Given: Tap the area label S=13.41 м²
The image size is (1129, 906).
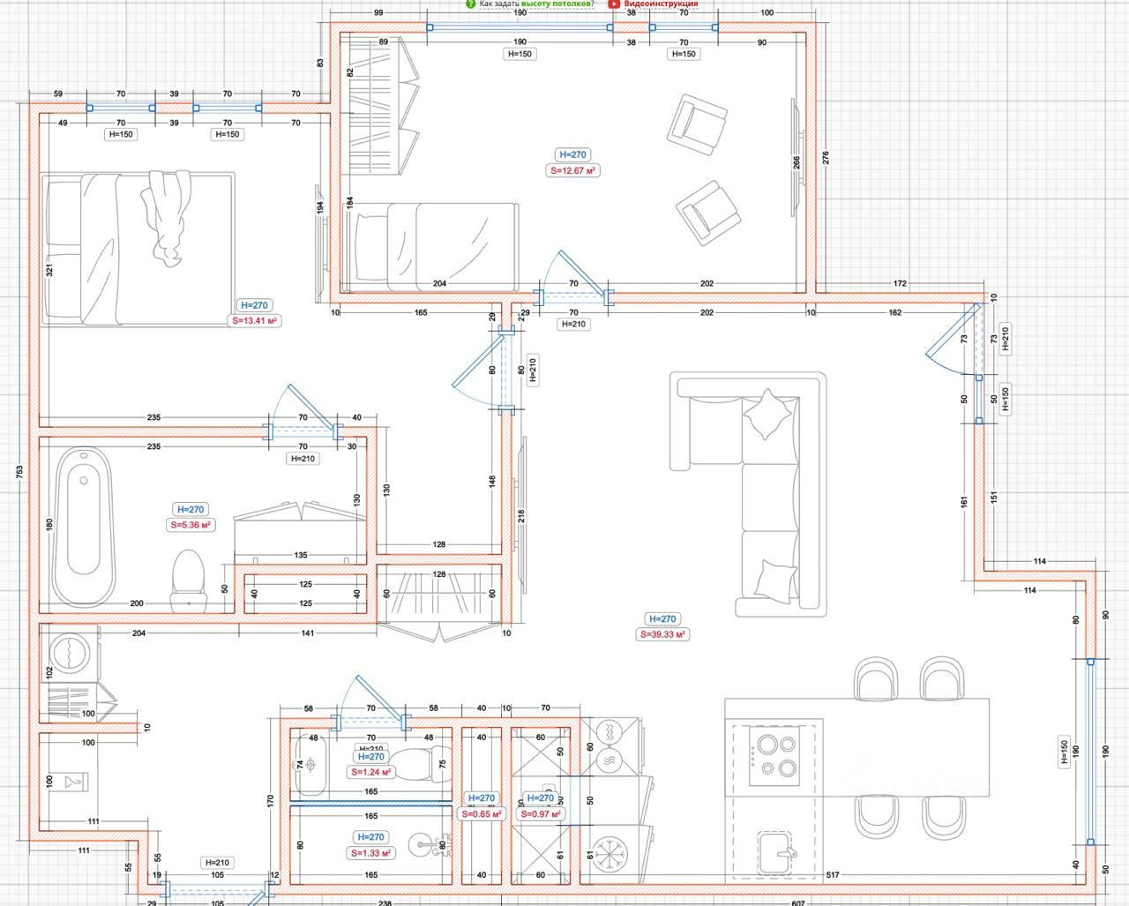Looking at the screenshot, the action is [x=255, y=321].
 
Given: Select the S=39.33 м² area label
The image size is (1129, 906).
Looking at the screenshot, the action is [x=662, y=634].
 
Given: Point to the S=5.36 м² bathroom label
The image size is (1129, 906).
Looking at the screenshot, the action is [x=191, y=525].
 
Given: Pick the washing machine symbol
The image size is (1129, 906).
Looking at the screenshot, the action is [x=69, y=654].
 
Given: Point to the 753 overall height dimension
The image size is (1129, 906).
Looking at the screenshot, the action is [x=19, y=472].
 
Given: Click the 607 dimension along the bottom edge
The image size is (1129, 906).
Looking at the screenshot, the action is [x=799, y=901].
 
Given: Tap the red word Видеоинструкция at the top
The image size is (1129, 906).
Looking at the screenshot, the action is [x=660, y=4].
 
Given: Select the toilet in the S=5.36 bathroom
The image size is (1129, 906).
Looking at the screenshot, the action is [x=188, y=580].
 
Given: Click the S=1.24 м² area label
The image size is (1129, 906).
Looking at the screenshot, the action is [x=370, y=772].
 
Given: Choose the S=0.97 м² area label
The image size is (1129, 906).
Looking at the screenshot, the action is [x=542, y=813].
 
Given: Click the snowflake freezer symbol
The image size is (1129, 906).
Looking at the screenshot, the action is [x=609, y=852].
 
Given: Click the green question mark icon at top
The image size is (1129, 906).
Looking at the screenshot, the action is [x=471, y=4].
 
